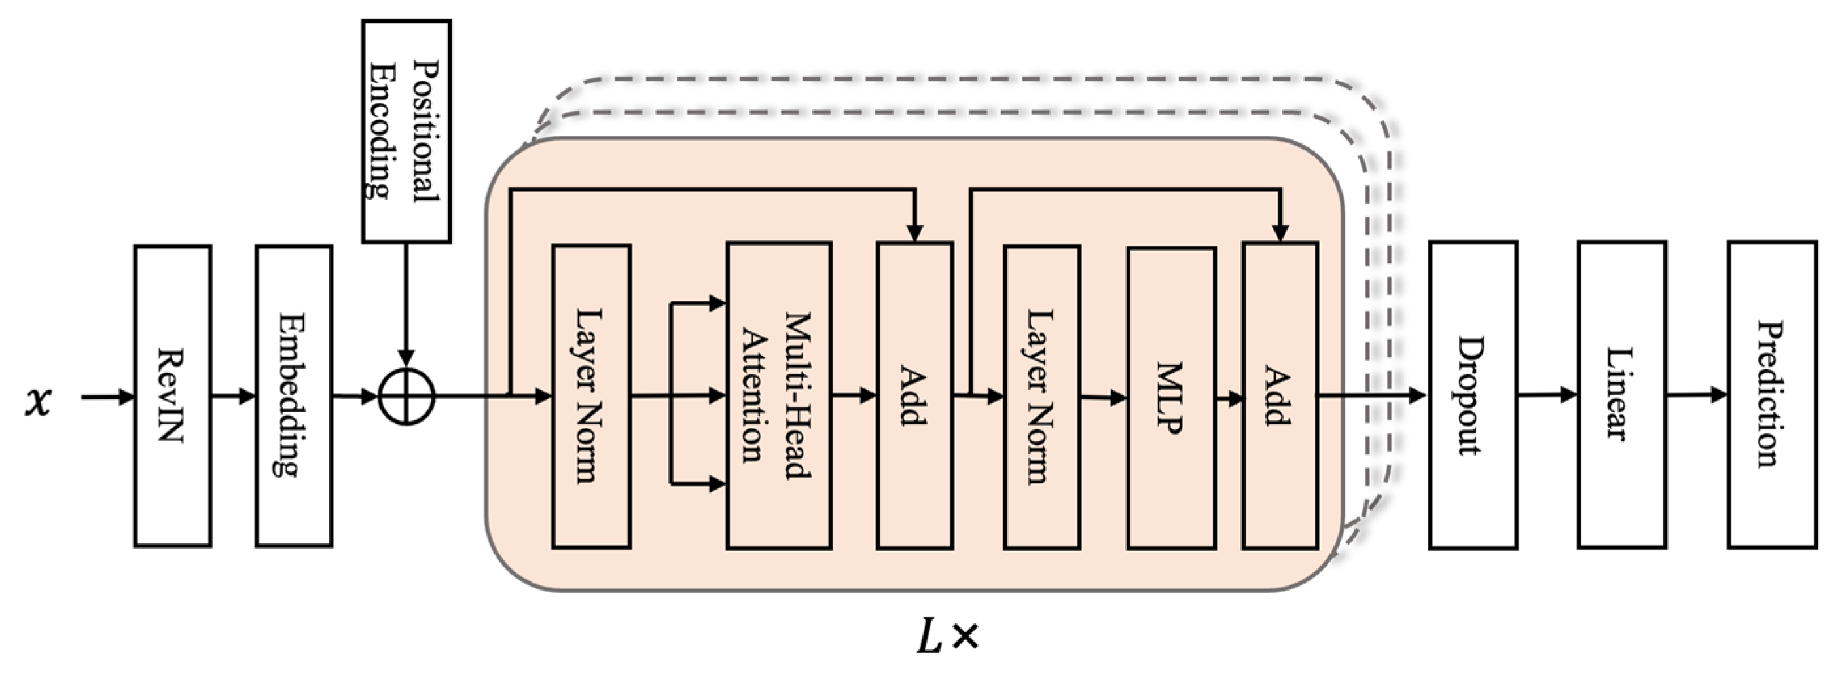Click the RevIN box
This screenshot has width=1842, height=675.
(x=172, y=396)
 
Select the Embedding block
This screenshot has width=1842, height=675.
(x=294, y=396)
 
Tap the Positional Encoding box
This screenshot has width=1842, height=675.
(x=406, y=131)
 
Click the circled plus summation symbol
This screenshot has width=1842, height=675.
(x=406, y=396)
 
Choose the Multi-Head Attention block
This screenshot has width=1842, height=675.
(x=779, y=395)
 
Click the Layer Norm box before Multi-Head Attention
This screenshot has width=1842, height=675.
(x=590, y=396)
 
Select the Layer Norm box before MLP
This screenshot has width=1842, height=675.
(x=1042, y=396)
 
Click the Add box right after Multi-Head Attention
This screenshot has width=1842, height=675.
(x=914, y=395)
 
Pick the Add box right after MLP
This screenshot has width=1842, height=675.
(x=1280, y=395)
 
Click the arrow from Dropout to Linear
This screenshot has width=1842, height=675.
(x=1547, y=394)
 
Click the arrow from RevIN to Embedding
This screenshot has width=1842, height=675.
(x=233, y=395)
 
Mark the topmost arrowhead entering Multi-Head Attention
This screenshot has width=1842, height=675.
(x=717, y=303)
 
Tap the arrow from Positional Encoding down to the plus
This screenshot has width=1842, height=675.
(x=406, y=301)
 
